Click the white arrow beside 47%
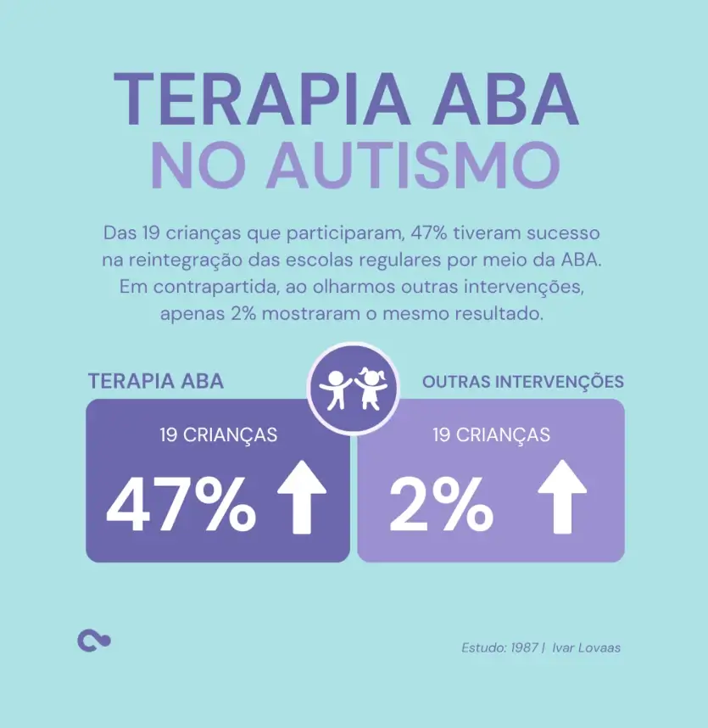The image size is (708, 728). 303,497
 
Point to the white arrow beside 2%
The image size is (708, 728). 562,497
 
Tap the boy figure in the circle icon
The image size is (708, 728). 336,389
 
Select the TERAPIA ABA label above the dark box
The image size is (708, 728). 156,381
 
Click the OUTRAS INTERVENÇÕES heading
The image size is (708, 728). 523,382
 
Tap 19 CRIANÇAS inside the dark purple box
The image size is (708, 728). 219,435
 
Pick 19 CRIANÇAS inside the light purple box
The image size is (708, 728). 491,435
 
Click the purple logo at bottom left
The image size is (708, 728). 93,641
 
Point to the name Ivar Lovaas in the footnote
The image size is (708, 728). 586,647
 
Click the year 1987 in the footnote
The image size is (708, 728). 525,647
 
